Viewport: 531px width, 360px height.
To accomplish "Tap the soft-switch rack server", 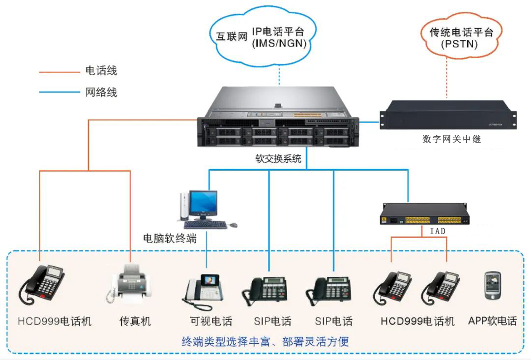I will pyautogui.click(x=278, y=121).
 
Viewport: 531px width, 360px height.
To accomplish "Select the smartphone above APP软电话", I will pyautogui.click(x=492, y=285).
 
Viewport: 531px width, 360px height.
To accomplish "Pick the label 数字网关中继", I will pyautogui.click(x=451, y=139).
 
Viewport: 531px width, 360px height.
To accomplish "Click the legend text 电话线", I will pyautogui.click(x=101, y=71).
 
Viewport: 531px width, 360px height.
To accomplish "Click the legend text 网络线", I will pyautogui.click(x=101, y=91).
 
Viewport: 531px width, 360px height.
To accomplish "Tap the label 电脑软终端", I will pyautogui.click(x=170, y=239).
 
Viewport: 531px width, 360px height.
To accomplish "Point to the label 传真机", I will pyautogui.click(x=135, y=322).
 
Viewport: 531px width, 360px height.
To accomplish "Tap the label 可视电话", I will pyautogui.click(x=211, y=322).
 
